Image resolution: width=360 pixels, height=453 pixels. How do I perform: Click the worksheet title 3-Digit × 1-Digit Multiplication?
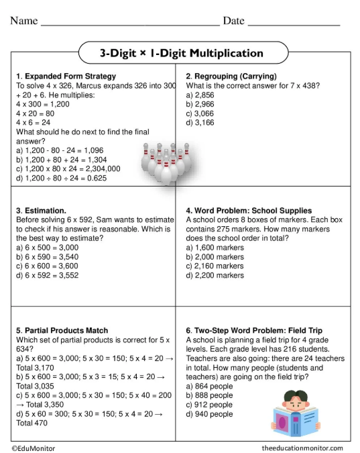tap(182, 52)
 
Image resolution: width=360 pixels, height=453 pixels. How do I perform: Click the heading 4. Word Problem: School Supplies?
tap(249, 211)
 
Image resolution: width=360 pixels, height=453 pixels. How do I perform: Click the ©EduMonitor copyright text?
tap(34, 448)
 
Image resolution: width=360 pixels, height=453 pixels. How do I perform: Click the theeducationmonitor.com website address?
tap(302, 448)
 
